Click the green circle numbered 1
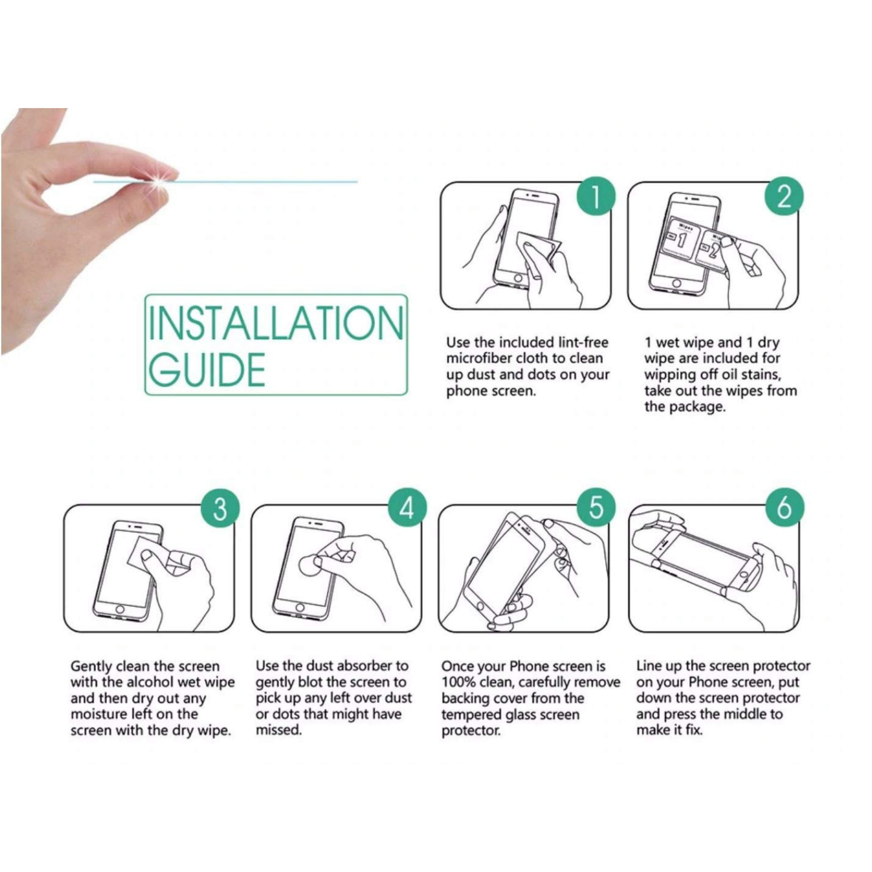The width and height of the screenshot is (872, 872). [x=595, y=196]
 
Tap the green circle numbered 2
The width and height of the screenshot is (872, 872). [x=783, y=196]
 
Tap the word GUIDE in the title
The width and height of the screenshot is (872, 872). [x=207, y=369]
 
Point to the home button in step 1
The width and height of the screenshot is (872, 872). [x=518, y=280]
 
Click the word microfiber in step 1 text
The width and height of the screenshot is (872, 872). [x=478, y=358]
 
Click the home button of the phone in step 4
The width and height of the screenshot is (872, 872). [x=299, y=606]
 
